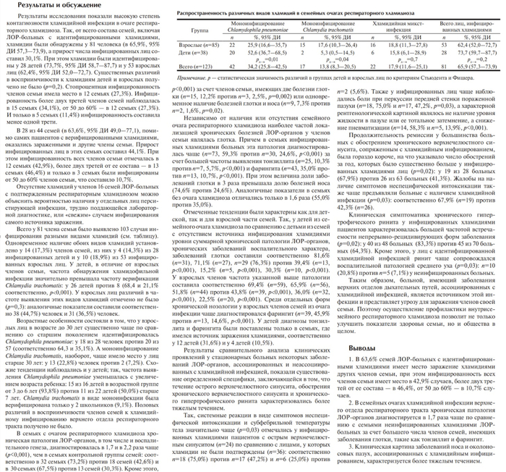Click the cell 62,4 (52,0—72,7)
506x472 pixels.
pyautogui.click(x=478, y=45)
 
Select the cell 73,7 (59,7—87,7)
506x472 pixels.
pyautogui.click(x=478, y=54)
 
